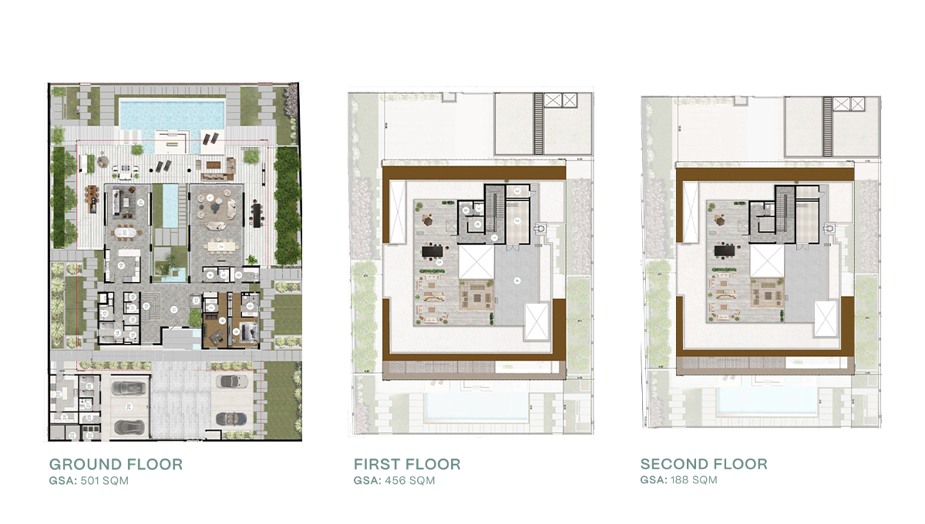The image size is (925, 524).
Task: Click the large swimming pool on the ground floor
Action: pos(172,113)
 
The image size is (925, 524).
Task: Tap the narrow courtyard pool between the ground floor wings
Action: pos(170,206)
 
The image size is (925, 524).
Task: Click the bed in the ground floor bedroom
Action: pos(248,332)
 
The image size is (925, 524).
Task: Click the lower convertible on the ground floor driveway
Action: pos(228,418)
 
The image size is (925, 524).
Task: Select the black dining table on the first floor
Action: pos(433,250)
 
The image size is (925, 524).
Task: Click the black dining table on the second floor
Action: pos(725,250)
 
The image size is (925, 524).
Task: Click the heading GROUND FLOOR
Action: pos(116,465)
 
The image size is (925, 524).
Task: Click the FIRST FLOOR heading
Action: pos(407,465)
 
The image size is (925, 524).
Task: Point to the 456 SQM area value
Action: pos(409,481)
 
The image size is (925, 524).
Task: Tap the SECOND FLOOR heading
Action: pos(704,465)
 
